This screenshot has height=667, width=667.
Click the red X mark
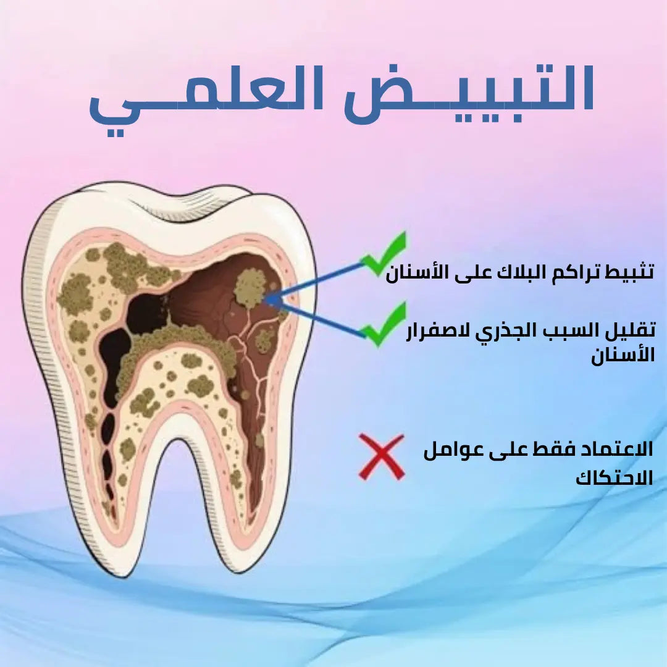point(382,457)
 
